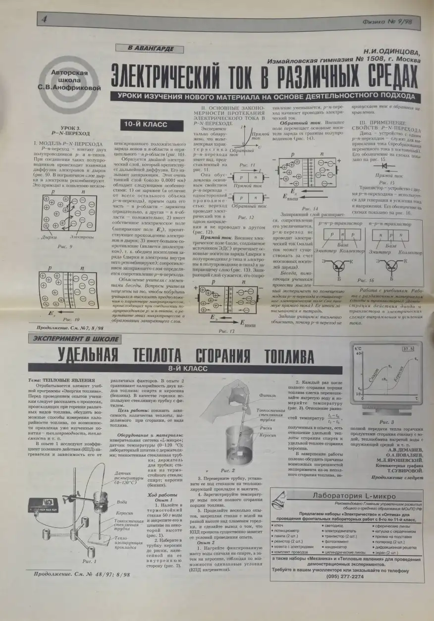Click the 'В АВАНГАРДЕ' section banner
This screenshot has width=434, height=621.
(x=144, y=48)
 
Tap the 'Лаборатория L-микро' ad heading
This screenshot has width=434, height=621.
(x=354, y=496)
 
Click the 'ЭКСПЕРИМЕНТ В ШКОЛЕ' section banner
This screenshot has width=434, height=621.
(x=75, y=339)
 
